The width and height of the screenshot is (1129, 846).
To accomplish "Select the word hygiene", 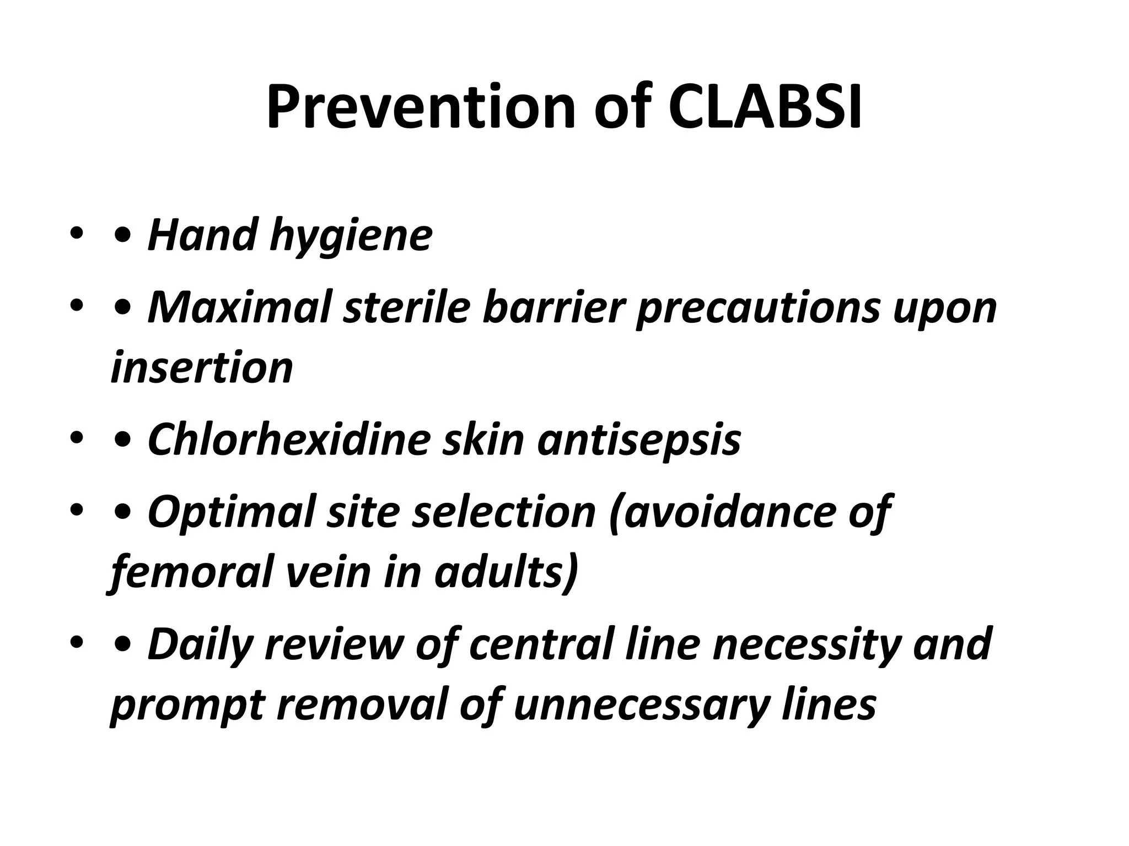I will pos(351,236).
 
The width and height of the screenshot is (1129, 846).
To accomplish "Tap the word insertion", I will pos(202,368).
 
